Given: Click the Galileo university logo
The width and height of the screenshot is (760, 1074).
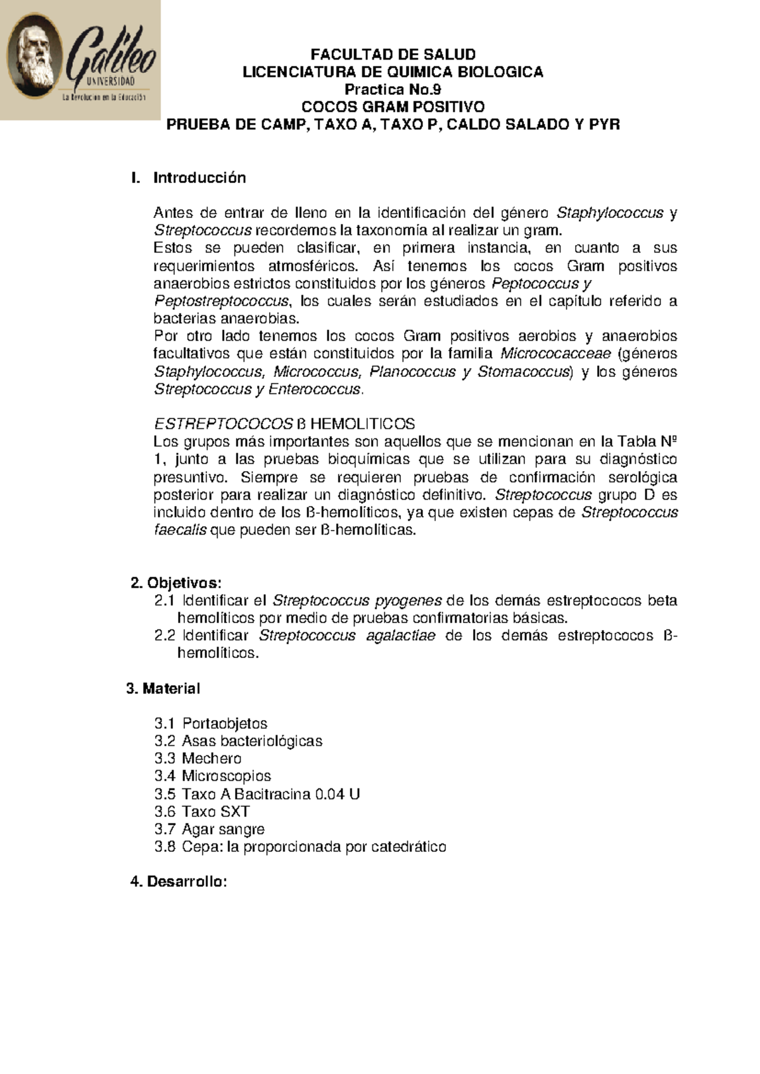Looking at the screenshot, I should click(x=80, y=60).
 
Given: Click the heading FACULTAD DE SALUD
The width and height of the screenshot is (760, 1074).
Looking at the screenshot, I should click(x=393, y=54).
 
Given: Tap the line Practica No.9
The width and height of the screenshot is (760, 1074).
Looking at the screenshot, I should click(x=393, y=89).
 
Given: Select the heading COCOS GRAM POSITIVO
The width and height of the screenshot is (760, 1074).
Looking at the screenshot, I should click(x=393, y=106).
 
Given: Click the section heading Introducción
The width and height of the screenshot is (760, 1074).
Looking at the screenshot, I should click(x=199, y=178).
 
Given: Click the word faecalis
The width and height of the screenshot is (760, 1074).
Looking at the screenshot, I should click(x=180, y=530).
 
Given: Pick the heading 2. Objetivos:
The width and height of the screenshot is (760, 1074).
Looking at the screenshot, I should click(x=176, y=583).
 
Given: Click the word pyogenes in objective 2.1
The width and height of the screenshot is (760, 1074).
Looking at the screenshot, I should click(x=408, y=600).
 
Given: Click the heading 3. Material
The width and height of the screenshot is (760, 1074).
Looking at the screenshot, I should click(x=163, y=689).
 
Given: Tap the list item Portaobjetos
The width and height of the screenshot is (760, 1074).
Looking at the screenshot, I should click(x=224, y=724).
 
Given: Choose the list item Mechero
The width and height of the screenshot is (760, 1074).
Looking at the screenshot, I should click(x=212, y=759).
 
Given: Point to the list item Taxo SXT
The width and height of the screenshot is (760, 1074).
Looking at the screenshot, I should click(x=215, y=812).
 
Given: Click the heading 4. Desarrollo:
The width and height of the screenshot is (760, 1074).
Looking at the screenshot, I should click(x=178, y=882).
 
